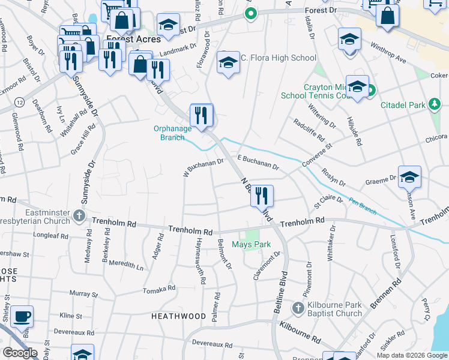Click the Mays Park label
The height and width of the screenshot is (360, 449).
252,244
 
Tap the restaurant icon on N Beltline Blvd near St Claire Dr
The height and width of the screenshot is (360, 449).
262,196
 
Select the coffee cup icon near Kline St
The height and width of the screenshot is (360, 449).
22,317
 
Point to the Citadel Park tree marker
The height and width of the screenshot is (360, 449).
434,105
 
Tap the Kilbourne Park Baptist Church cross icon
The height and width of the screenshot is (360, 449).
297,308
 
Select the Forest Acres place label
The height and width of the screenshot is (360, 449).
133,39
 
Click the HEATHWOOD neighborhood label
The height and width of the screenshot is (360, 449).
178,316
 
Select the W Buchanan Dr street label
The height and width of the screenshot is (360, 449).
203,165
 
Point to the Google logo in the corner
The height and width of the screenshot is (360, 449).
20,353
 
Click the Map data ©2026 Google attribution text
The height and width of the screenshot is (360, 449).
411,355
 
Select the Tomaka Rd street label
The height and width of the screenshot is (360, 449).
159,289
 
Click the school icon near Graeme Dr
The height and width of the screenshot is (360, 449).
409,176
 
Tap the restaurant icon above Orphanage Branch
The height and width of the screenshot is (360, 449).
202,115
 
